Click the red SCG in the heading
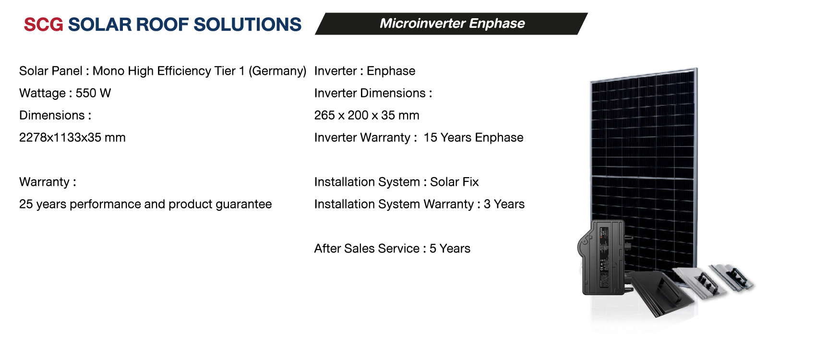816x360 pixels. click(x=43, y=24)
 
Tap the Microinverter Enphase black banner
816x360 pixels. click(x=451, y=24)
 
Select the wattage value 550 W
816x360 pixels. click(x=93, y=93)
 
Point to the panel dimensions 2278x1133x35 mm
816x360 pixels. click(x=72, y=138)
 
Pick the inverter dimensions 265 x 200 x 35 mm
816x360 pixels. click(x=367, y=115)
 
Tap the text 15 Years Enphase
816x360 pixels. click(x=473, y=138)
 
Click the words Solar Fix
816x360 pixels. click(x=454, y=182)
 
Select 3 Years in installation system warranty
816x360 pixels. click(x=504, y=204)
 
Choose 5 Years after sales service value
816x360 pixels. click(x=450, y=249)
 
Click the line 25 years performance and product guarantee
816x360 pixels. click(x=145, y=204)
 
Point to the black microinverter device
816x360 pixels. click(x=603, y=257)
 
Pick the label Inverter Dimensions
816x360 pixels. click(x=370, y=93)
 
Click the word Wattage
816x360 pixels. click(x=42, y=93)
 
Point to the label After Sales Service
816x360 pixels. click(x=367, y=249)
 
